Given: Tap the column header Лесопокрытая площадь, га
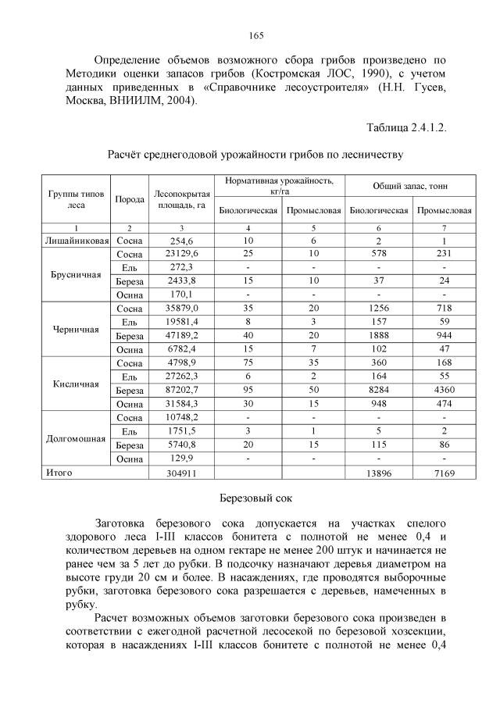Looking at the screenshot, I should pyautogui.click(x=181, y=199).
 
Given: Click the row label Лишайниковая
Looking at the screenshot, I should pyautogui.click(x=76, y=241).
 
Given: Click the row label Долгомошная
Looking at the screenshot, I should pyautogui.click(x=76, y=438).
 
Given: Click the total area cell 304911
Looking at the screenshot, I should pyautogui.click(x=181, y=473).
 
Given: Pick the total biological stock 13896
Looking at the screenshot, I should pyautogui.click(x=379, y=473).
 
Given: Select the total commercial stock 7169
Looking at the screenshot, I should pyautogui.click(x=445, y=473).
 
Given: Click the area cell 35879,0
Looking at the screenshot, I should pyautogui.click(x=181, y=309).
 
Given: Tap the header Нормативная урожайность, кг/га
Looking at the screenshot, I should pyautogui.click(x=280, y=185).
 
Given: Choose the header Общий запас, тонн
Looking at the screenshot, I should pyautogui.click(x=411, y=185).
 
